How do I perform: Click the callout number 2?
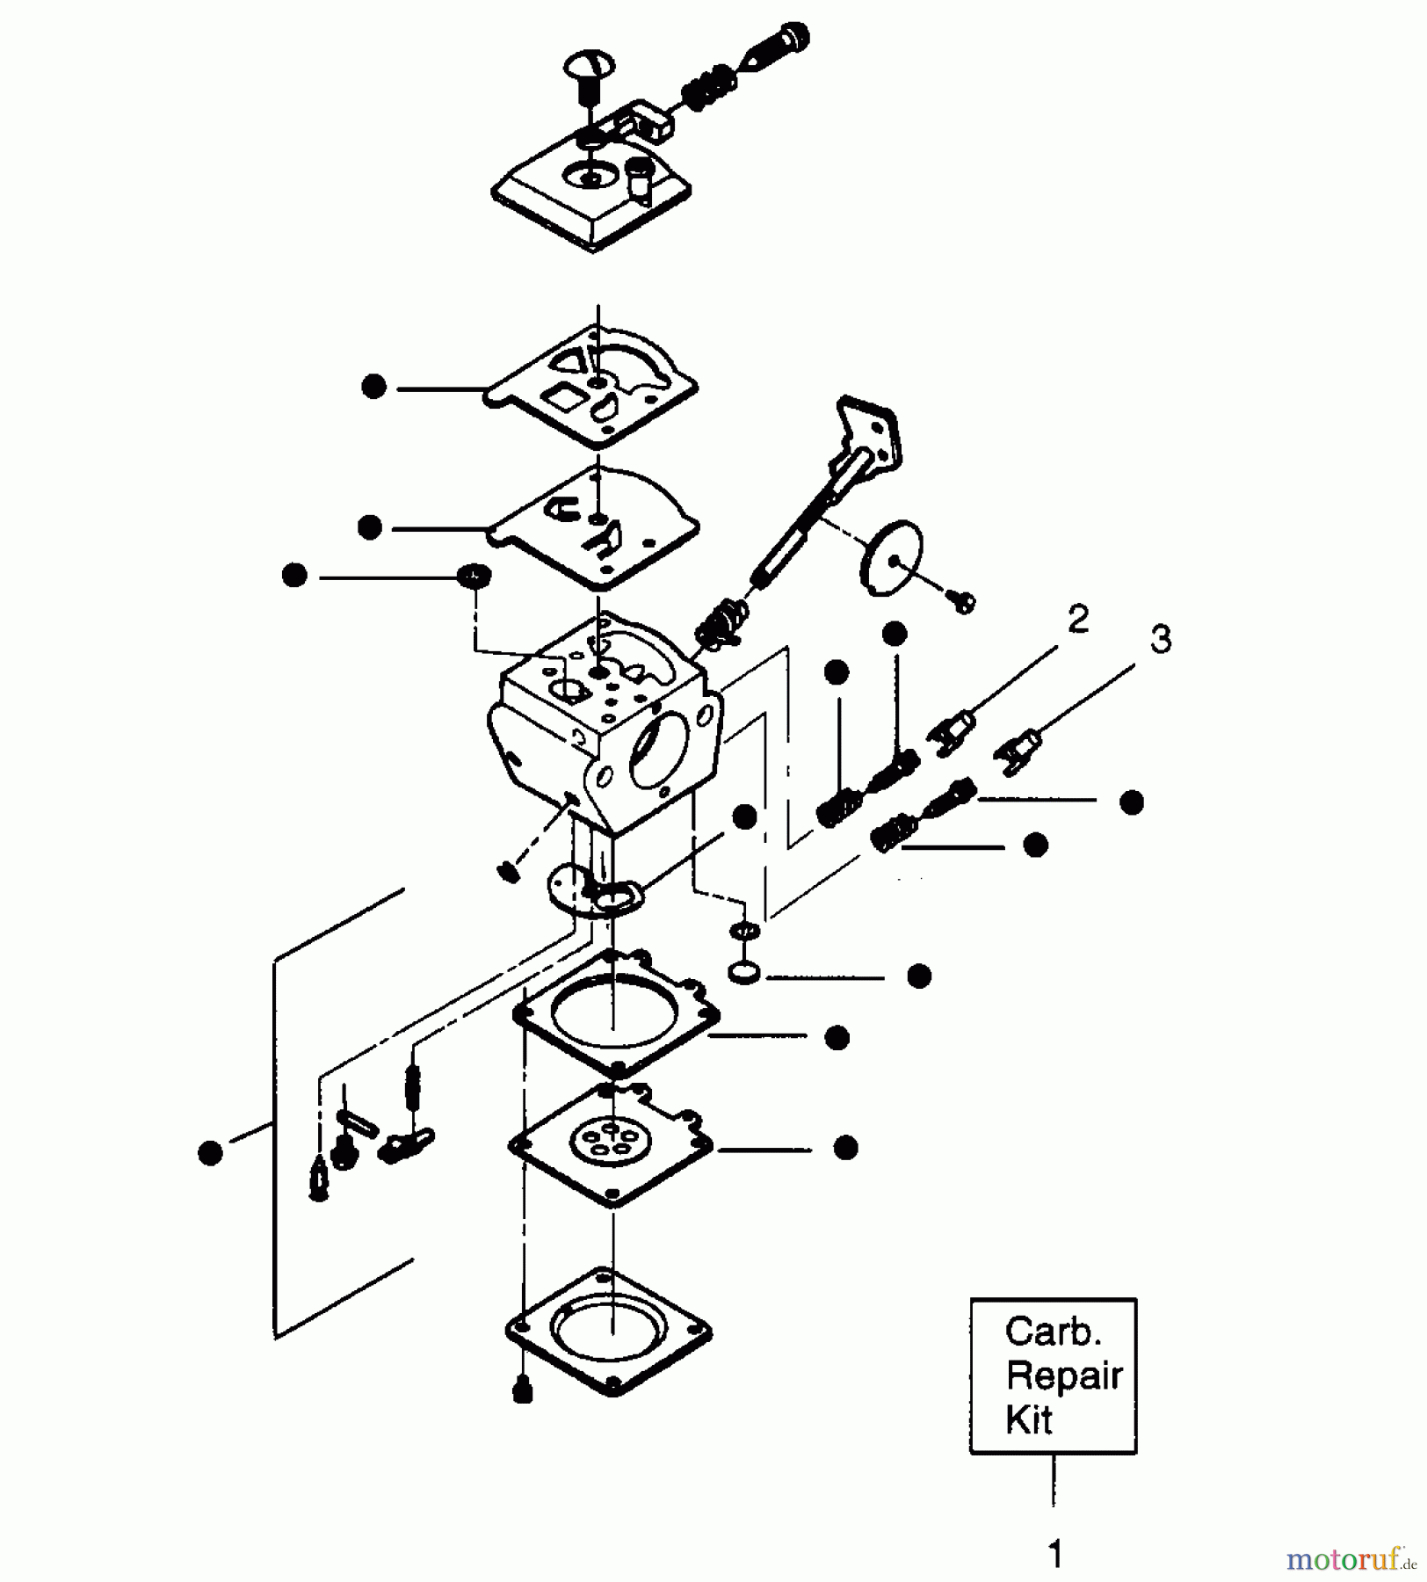pos(1078,619)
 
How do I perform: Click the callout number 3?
pos(1160,639)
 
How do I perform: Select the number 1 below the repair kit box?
pos(1055,1553)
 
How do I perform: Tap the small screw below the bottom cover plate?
pos(523,1391)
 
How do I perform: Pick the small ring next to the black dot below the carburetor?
pos(745,973)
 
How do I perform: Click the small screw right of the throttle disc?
pos(963,602)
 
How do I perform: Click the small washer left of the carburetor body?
pos(474,577)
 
